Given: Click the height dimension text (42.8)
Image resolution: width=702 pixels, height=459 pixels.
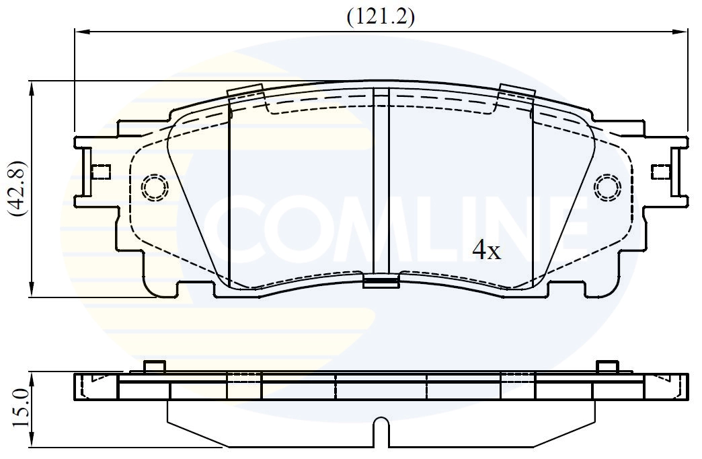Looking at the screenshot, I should click(x=17, y=188).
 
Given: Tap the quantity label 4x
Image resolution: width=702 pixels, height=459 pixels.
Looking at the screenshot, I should click(x=486, y=251).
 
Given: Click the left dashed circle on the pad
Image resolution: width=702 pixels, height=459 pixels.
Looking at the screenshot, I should click(x=155, y=186).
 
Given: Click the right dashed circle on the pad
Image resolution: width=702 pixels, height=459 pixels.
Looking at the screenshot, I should click(x=608, y=186).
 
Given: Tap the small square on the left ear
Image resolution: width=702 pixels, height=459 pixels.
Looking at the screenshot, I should click(x=101, y=172).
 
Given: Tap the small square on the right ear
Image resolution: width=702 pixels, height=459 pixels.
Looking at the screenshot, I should click(x=660, y=172).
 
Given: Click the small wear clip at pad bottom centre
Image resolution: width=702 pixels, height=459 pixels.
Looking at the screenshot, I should click(x=381, y=281).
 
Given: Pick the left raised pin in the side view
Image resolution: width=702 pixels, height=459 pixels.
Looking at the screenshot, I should click(x=155, y=366).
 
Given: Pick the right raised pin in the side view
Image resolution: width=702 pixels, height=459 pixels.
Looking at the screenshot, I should click(x=607, y=366).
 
